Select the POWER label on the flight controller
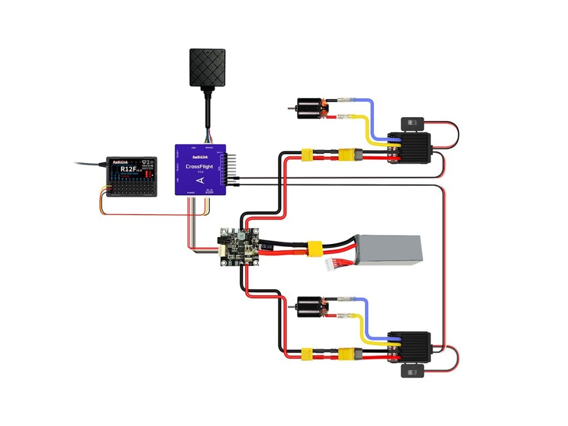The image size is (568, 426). [x=191, y=192]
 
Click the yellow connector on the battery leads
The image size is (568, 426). [x=315, y=249]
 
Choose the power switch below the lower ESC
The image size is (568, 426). [x=410, y=371]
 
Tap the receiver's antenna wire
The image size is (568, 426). [x=89, y=164]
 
